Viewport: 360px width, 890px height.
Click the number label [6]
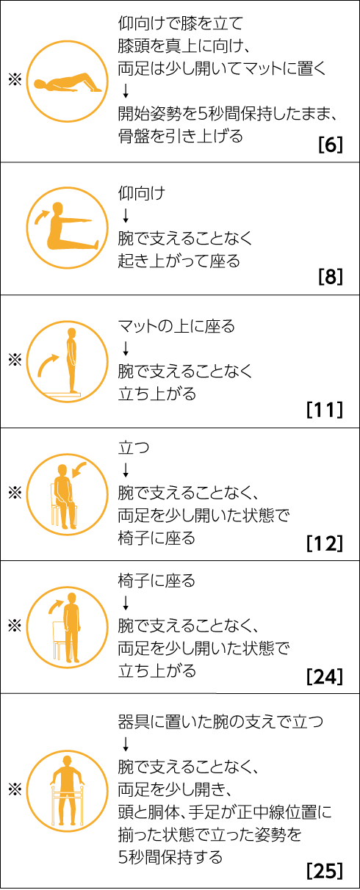[331, 145]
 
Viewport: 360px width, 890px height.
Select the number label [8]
[331, 277]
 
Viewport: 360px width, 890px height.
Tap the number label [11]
[325, 410]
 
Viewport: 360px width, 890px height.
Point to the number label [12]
[325, 543]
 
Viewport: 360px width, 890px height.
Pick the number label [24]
[325, 676]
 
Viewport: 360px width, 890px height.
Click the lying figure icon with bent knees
[68, 83]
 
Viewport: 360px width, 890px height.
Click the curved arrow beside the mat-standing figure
[48, 365]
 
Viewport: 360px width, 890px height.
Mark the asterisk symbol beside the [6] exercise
[15, 81]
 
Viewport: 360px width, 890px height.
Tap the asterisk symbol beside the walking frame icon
[15, 789]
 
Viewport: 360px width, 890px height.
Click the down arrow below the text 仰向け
[126, 215]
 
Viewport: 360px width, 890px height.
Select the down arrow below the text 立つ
[126, 470]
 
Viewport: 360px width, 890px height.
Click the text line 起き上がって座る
[179, 261]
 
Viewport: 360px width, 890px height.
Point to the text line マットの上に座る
[176, 326]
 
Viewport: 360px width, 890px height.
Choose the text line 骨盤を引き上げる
[181, 137]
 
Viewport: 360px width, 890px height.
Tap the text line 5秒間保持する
[170, 857]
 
